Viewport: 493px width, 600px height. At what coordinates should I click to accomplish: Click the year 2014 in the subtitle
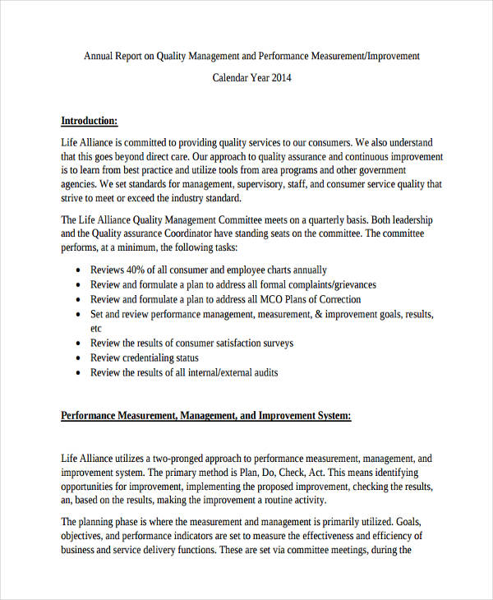(x=280, y=79)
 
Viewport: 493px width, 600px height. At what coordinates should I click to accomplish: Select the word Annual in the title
(x=100, y=56)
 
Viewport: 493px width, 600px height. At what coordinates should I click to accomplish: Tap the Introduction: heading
(x=90, y=121)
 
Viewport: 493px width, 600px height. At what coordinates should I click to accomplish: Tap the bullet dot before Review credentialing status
(x=76, y=358)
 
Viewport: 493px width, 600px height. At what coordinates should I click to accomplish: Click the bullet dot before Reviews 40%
(x=76, y=270)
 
